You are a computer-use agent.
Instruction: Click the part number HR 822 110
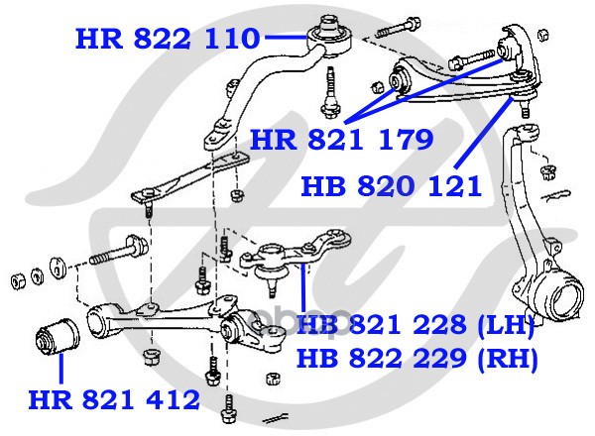click(168, 39)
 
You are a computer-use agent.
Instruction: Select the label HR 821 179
click(341, 140)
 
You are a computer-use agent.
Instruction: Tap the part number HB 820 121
click(392, 186)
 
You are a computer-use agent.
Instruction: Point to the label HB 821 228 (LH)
click(416, 325)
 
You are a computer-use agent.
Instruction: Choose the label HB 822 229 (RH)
click(416, 358)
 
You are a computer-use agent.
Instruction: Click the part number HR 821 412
click(114, 399)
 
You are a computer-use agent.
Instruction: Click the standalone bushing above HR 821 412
click(58, 337)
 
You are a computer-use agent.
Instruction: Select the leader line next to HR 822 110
click(286, 37)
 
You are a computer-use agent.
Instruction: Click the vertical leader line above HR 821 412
click(60, 370)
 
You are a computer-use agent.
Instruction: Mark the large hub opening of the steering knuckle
click(566, 298)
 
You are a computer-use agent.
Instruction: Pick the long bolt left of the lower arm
click(118, 251)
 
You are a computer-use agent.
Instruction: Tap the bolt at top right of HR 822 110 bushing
click(398, 24)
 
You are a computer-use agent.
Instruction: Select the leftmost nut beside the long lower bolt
click(18, 280)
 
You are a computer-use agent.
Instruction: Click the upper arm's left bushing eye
click(400, 80)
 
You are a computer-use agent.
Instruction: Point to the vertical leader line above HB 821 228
click(303, 289)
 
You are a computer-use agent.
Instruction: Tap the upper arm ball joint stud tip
click(527, 113)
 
